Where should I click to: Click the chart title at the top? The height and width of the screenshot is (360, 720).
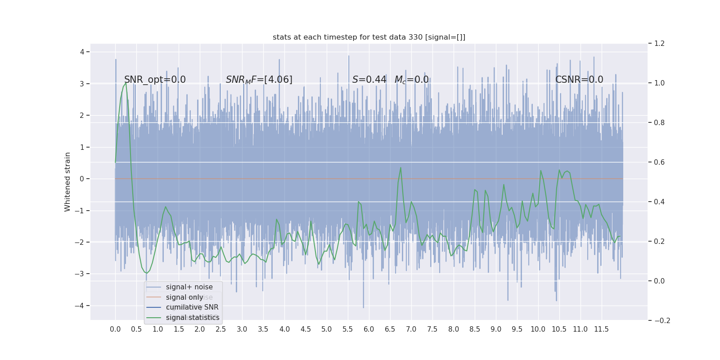click(x=369, y=37)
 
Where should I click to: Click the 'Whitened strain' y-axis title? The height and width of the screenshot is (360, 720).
click(x=67, y=182)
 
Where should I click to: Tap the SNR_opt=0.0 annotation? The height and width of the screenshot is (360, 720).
click(x=155, y=80)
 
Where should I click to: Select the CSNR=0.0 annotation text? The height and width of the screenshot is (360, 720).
click(x=579, y=80)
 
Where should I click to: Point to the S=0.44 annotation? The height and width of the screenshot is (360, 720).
click(x=369, y=80)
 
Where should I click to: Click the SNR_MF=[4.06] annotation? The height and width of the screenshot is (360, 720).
click(x=259, y=80)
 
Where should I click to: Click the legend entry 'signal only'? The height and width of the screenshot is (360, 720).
click(x=184, y=297)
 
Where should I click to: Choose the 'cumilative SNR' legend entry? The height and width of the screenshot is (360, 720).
click(x=192, y=307)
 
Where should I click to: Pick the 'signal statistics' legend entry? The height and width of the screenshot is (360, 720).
click(x=193, y=318)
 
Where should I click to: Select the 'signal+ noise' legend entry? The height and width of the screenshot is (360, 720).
click(x=189, y=287)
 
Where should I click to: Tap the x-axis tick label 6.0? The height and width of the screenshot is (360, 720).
click(x=369, y=329)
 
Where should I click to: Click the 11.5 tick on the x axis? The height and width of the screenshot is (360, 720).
click(x=601, y=329)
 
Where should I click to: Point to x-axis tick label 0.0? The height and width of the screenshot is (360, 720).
click(x=115, y=329)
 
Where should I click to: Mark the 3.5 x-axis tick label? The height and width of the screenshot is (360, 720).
click(x=263, y=329)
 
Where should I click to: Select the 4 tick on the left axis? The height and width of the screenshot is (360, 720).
click(x=82, y=52)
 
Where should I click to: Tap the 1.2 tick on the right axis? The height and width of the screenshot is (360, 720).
click(x=659, y=44)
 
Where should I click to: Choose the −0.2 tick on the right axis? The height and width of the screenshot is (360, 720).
click(x=661, y=320)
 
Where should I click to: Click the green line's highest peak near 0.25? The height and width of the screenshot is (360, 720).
click(x=126, y=83)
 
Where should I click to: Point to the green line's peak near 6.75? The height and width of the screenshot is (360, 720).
click(x=400, y=168)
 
